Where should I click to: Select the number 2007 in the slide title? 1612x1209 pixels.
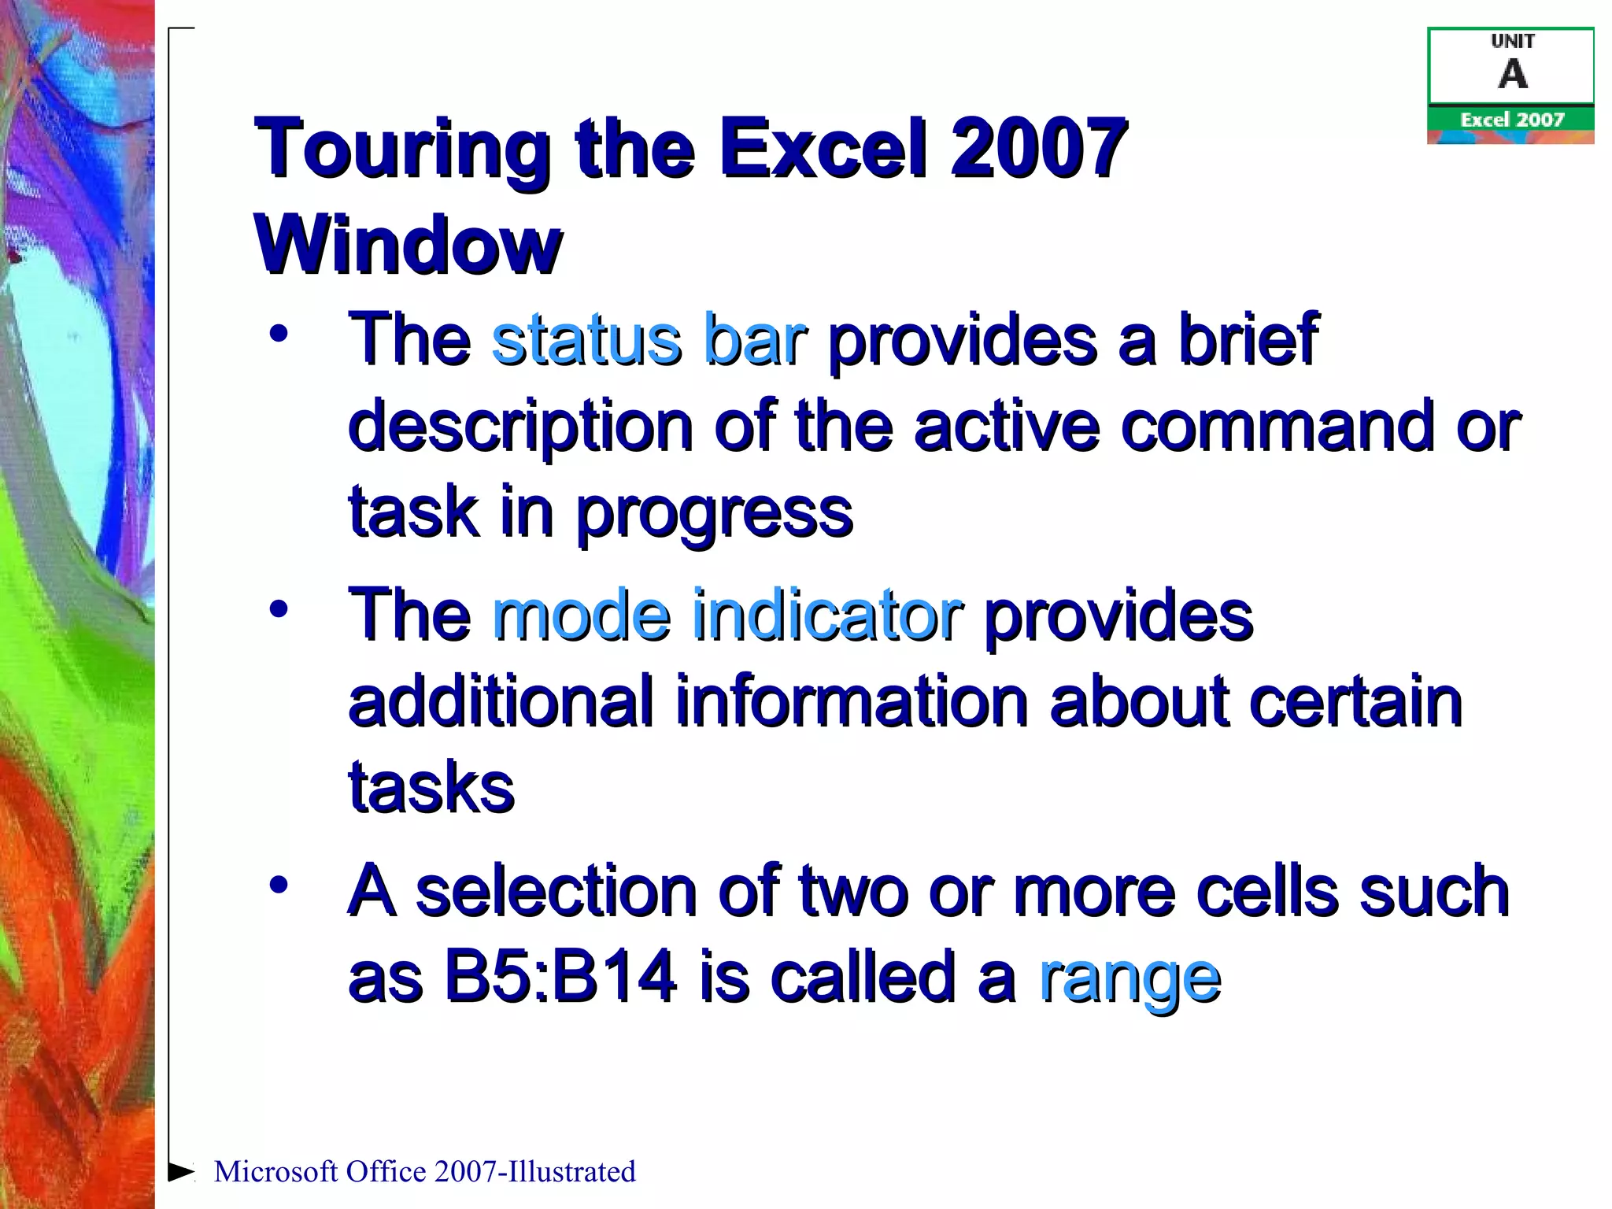[1039, 148]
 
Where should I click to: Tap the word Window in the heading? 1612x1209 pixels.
[408, 245]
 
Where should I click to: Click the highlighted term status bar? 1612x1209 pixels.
[649, 339]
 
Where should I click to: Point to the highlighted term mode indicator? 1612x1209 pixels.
[727, 615]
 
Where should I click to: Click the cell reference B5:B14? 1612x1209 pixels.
[560, 977]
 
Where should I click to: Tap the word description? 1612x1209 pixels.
[520, 427]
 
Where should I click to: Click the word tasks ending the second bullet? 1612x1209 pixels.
[431, 787]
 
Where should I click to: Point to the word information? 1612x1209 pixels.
[852, 701]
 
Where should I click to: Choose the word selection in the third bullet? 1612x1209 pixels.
[556, 891]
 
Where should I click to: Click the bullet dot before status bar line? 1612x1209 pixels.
[278, 334]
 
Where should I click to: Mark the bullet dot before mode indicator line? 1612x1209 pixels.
[278, 609]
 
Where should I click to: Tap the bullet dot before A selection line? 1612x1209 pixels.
[278, 885]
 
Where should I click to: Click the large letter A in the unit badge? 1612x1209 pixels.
[1512, 75]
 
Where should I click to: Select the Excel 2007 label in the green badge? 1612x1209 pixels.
[1511, 120]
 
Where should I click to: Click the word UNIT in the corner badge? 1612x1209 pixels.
[1512, 42]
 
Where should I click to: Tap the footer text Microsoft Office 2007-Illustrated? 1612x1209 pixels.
[424, 1172]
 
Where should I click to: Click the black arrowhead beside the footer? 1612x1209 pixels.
[181, 1171]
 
